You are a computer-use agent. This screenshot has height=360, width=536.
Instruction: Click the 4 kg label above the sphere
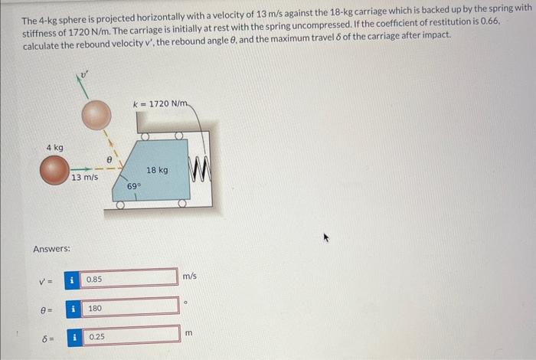pos(54,147)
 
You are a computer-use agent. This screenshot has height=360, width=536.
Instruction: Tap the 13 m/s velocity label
pos(84,178)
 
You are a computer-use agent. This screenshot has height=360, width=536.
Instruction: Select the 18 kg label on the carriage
pos(157,169)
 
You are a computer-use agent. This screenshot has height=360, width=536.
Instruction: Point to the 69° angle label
pos(134,186)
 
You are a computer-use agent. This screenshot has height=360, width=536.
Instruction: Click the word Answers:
pos(52,249)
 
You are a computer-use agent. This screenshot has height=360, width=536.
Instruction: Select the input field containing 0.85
pos(129,280)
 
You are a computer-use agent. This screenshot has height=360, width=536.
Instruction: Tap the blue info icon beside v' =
pos(72,280)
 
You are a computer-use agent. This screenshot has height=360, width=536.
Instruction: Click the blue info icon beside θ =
pos(72,308)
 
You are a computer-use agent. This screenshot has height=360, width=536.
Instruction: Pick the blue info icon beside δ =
pos(72,336)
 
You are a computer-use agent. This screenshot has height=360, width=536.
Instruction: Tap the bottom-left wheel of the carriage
pos(120,205)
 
